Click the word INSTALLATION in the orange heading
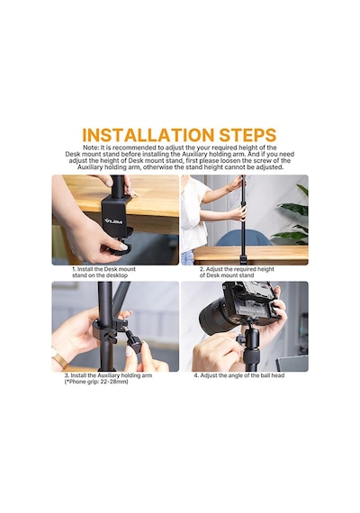tap(148, 135)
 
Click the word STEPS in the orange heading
tap(247, 135)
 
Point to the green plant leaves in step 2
tap(292, 216)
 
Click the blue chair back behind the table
tap(244, 238)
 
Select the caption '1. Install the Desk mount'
tap(103, 269)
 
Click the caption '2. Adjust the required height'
tap(237, 269)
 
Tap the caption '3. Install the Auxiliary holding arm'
tap(108, 375)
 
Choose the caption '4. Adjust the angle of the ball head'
tap(239, 375)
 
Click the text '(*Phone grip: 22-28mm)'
tap(96, 382)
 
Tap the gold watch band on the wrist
tap(59, 357)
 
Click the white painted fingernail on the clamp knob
tap(123, 247)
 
